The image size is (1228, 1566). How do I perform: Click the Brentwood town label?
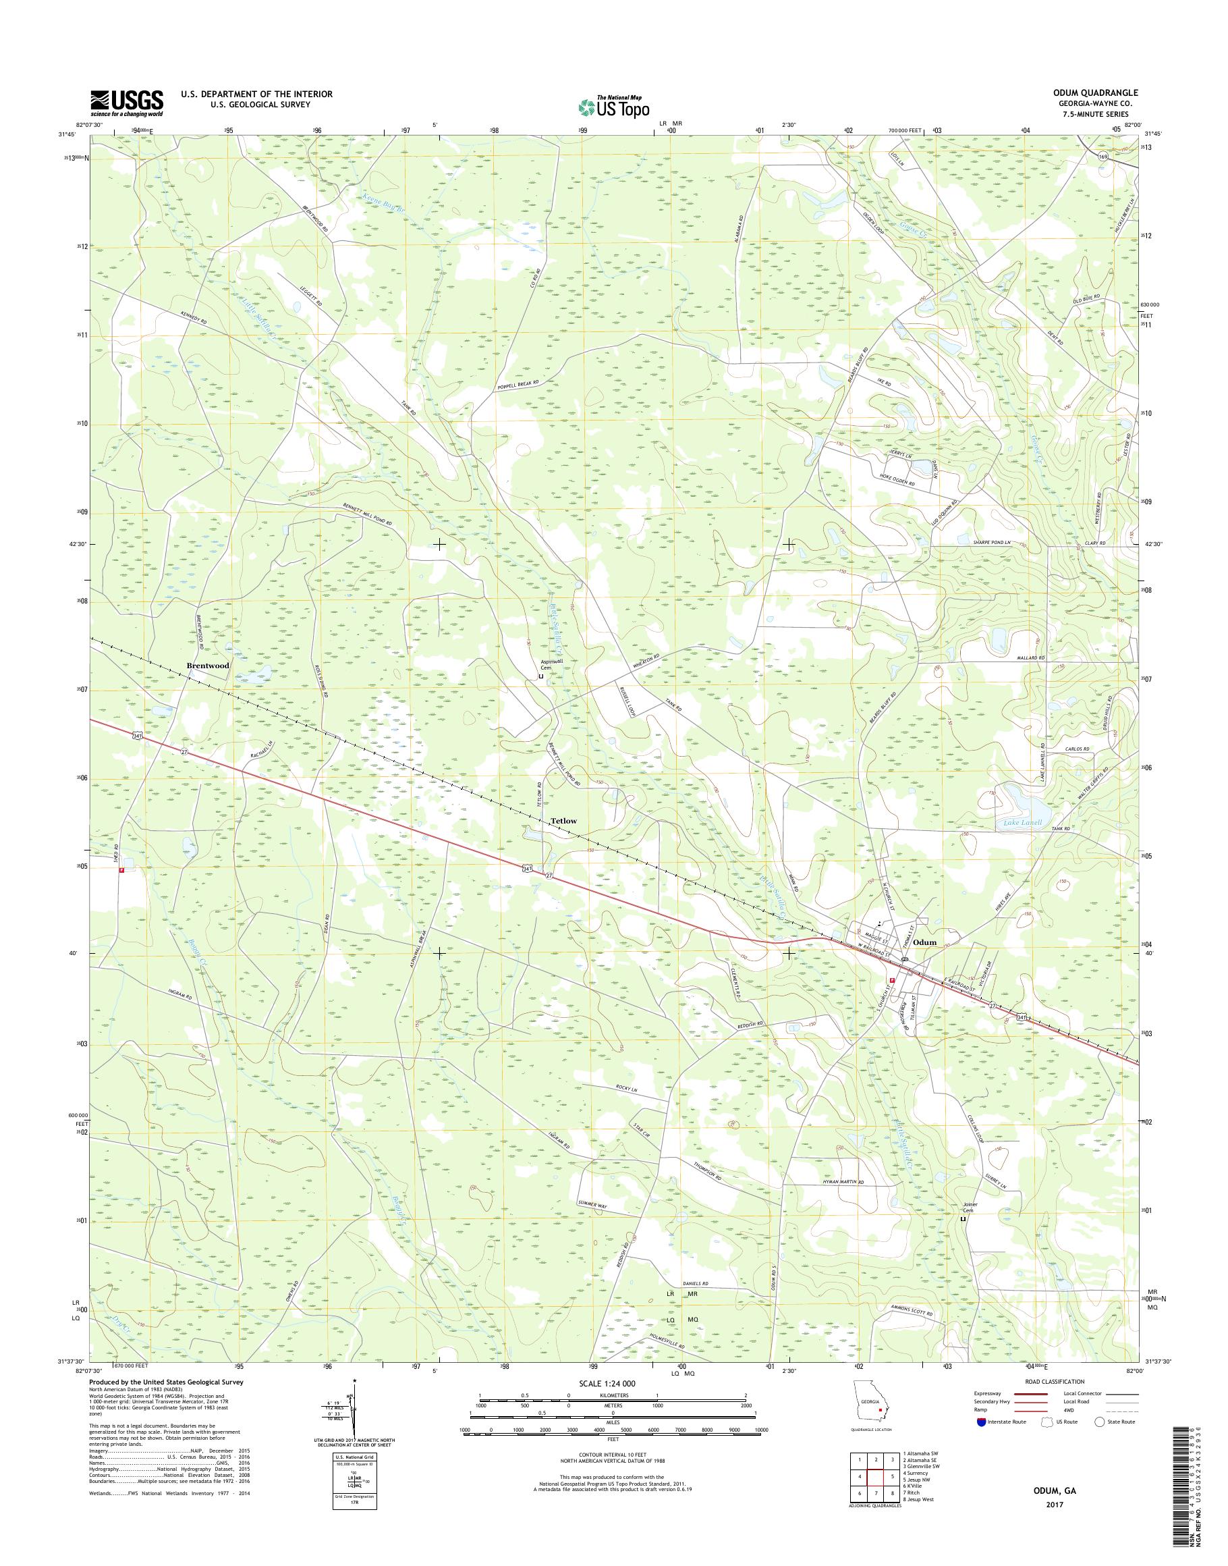(208, 666)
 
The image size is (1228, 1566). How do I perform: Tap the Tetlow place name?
(563, 820)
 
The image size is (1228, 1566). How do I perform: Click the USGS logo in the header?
(127, 103)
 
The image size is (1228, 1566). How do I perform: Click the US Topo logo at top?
(613, 107)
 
